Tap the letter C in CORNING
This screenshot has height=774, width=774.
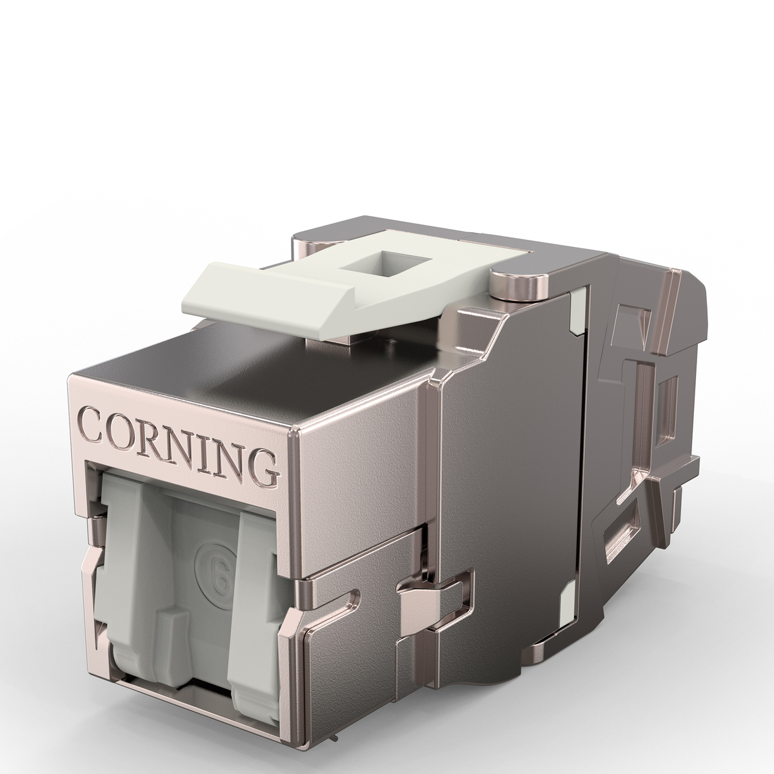[91, 424]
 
